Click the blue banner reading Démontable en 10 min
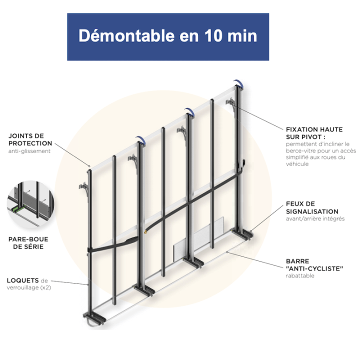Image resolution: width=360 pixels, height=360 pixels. (x=168, y=37)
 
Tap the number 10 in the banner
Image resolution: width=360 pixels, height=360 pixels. (x=214, y=36)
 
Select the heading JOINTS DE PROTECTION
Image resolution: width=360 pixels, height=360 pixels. (x=30, y=139)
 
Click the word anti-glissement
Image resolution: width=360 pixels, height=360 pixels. (x=29, y=151)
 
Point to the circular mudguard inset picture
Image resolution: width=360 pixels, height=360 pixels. (x=30, y=204)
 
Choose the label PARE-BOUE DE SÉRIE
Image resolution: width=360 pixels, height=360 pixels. (x=28, y=243)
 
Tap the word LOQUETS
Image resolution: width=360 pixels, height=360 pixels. (x=22, y=280)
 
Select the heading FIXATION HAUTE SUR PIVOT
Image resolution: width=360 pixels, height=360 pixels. (x=314, y=133)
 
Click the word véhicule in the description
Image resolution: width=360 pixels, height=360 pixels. (x=297, y=164)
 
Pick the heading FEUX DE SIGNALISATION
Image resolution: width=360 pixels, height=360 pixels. (x=312, y=207)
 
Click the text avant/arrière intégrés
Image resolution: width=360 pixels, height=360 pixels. (x=315, y=218)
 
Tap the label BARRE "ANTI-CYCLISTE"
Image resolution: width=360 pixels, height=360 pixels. (x=314, y=264)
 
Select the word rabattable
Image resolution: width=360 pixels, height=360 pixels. (x=300, y=275)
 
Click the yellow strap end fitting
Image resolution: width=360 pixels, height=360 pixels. (x=145, y=232)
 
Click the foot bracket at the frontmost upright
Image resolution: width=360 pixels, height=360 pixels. (x=94, y=318)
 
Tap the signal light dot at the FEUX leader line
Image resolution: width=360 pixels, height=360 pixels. (x=251, y=231)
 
